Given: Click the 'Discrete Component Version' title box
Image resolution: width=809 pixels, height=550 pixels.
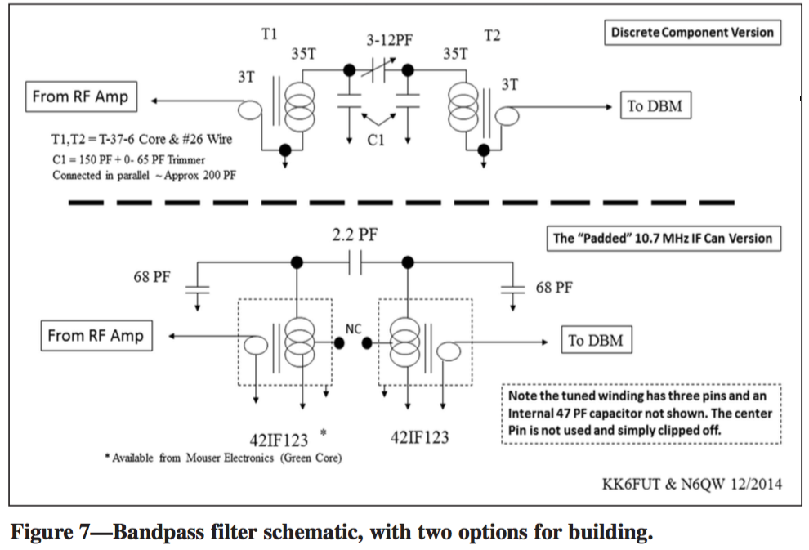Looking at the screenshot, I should [x=691, y=33].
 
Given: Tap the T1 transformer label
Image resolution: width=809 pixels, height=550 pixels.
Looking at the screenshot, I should [x=269, y=34].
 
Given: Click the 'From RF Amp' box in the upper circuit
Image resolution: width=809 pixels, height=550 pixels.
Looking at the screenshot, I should [x=79, y=97].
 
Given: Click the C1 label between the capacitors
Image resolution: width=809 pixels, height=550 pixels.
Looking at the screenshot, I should [x=375, y=141].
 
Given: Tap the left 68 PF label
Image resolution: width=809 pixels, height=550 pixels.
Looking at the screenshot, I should [x=152, y=276].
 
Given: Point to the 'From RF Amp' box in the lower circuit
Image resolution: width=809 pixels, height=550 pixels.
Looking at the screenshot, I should [x=95, y=336].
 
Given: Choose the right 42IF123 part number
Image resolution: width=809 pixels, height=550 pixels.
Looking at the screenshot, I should [x=413, y=437].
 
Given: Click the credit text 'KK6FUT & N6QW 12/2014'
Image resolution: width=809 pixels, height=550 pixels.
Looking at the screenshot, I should [x=691, y=485].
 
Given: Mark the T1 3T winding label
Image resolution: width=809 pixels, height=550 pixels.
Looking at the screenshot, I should [x=246, y=78].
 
